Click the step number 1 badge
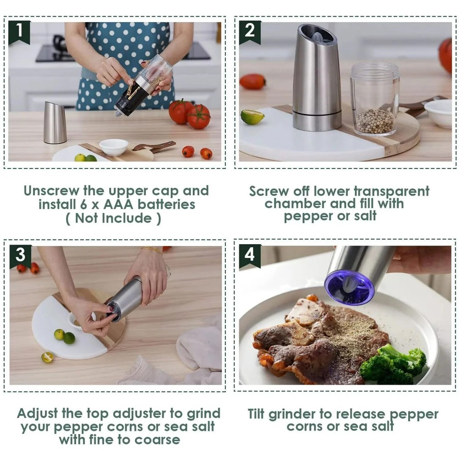19,31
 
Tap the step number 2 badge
250,31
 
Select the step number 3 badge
20,255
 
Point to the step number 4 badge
250,255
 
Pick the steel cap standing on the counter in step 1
55,123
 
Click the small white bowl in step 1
113,147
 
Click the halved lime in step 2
252,117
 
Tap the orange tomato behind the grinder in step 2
252,82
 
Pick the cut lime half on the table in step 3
47,357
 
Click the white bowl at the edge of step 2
438,113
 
